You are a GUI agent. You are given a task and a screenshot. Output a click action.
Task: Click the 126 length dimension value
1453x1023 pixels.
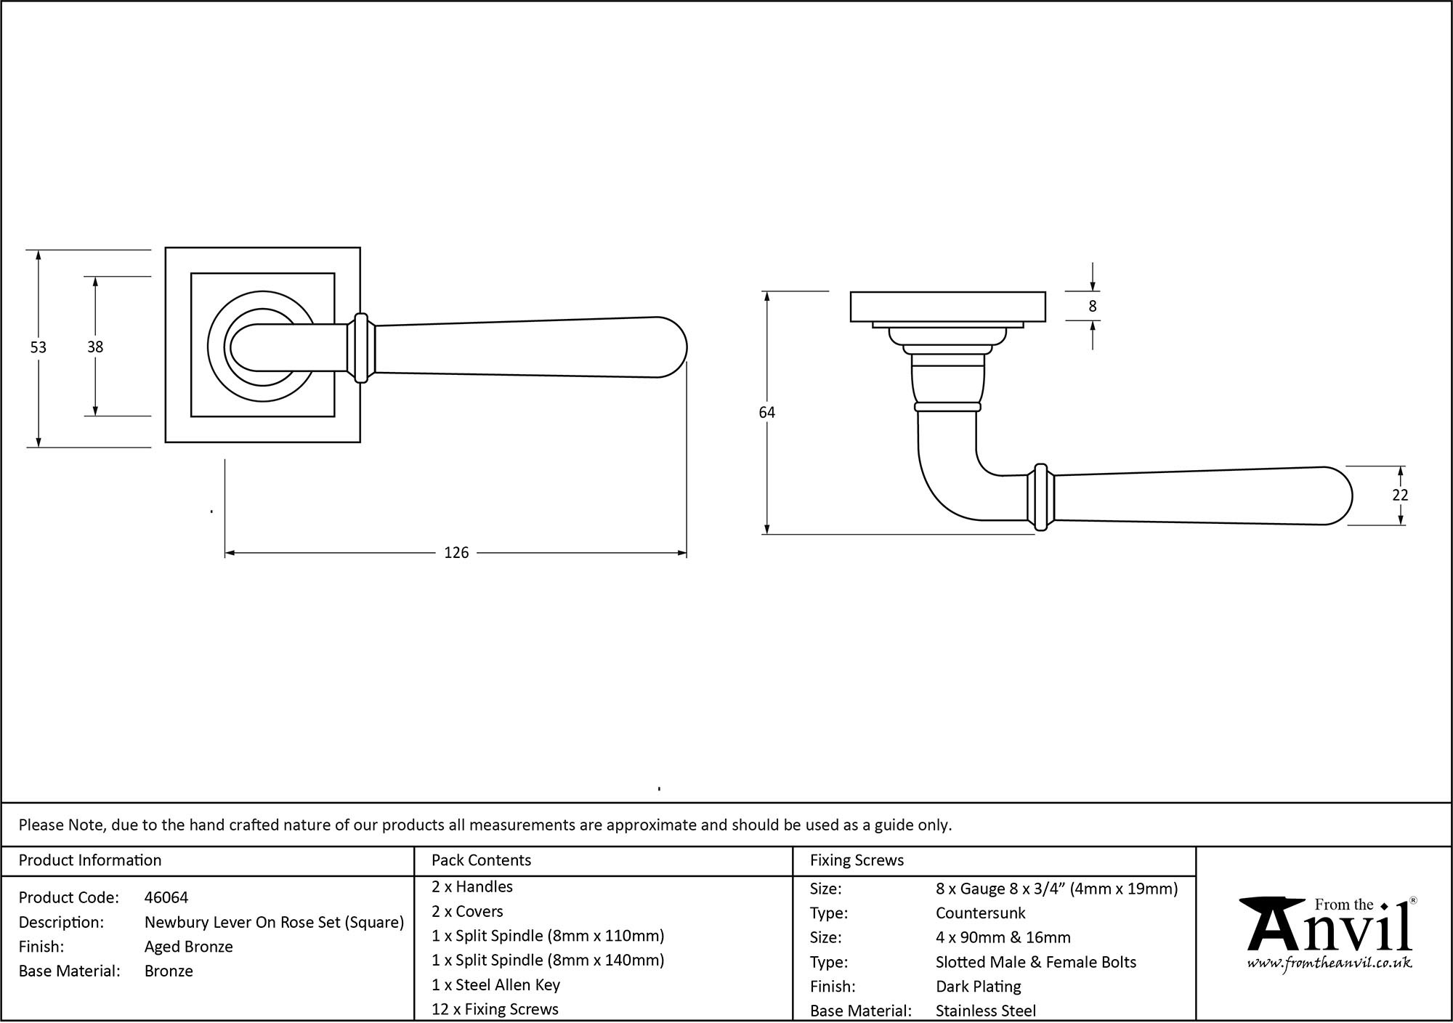click(456, 553)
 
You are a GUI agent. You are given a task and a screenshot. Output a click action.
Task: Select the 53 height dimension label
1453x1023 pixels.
click(38, 347)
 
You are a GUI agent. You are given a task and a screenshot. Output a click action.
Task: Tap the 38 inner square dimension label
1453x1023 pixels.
click(95, 347)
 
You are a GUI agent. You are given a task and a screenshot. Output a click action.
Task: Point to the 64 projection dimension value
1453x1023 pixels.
click(766, 413)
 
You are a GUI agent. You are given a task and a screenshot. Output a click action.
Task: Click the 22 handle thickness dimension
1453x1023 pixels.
click(1400, 495)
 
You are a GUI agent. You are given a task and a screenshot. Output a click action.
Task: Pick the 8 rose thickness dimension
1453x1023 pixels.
click(1092, 307)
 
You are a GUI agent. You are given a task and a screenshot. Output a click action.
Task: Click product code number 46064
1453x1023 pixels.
click(166, 897)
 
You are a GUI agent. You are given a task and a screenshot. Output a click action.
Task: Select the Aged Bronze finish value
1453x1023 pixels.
click(188, 947)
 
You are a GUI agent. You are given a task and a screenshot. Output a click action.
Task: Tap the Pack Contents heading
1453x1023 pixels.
click(481, 860)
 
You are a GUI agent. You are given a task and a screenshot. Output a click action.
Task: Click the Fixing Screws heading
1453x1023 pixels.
click(857, 860)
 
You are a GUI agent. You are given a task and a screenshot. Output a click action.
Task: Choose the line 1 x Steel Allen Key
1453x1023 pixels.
click(495, 984)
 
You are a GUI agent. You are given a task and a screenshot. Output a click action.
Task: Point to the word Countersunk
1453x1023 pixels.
click(980, 913)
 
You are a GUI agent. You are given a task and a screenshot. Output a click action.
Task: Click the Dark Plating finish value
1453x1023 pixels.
click(978, 987)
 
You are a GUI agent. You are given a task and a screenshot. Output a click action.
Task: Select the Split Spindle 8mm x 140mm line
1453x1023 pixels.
click(548, 960)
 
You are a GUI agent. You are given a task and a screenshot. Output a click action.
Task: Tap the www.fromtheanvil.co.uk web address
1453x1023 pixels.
click(1329, 963)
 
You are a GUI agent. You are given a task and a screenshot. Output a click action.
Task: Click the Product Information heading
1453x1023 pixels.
click(90, 860)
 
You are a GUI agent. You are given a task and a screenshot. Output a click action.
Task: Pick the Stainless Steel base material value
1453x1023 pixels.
click(985, 1011)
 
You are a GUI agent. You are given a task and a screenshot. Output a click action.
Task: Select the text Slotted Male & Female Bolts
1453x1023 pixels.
click(1035, 962)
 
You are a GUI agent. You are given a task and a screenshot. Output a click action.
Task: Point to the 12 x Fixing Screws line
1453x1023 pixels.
click(495, 1009)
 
